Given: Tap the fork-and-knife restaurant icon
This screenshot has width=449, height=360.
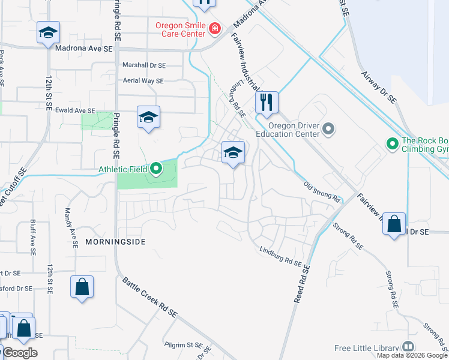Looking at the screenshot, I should pyautogui.click(x=267, y=102).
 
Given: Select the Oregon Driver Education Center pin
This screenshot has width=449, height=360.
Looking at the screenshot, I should pyautogui.click(x=328, y=128).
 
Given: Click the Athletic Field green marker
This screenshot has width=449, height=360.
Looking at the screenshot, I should pyautogui.click(x=156, y=169).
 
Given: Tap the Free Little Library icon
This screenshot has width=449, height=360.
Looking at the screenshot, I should pyautogui.click(x=408, y=347).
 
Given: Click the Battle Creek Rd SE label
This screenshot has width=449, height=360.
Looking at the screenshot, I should pyautogui.click(x=150, y=297).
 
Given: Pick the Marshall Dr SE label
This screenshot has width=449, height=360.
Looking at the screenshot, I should pyautogui.click(x=143, y=65).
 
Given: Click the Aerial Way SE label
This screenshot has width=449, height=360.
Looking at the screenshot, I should pyautogui.click(x=142, y=80).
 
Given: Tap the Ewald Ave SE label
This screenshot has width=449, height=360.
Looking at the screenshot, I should pyautogui.click(x=74, y=110).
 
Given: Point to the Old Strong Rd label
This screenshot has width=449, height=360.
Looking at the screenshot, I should pyautogui.click(x=322, y=192).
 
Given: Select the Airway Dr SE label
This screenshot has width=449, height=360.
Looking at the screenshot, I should pyautogui.click(x=379, y=86).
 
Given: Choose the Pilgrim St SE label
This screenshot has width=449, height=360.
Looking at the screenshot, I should pyautogui.click(x=184, y=345).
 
